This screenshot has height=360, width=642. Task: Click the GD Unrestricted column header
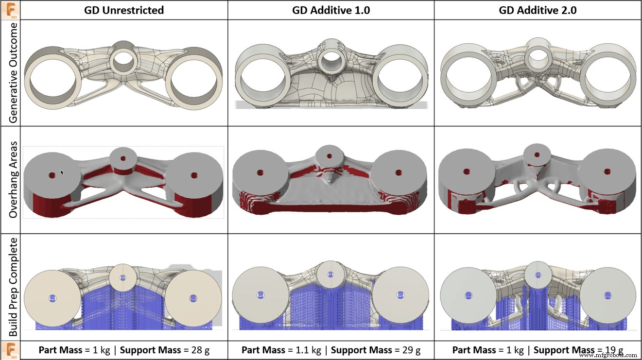124,10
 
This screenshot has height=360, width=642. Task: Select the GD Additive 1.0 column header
331,10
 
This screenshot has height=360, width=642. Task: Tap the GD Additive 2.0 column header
538,10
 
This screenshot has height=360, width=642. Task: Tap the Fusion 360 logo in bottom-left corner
10,350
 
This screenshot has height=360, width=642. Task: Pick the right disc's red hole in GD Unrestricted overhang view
194,175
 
